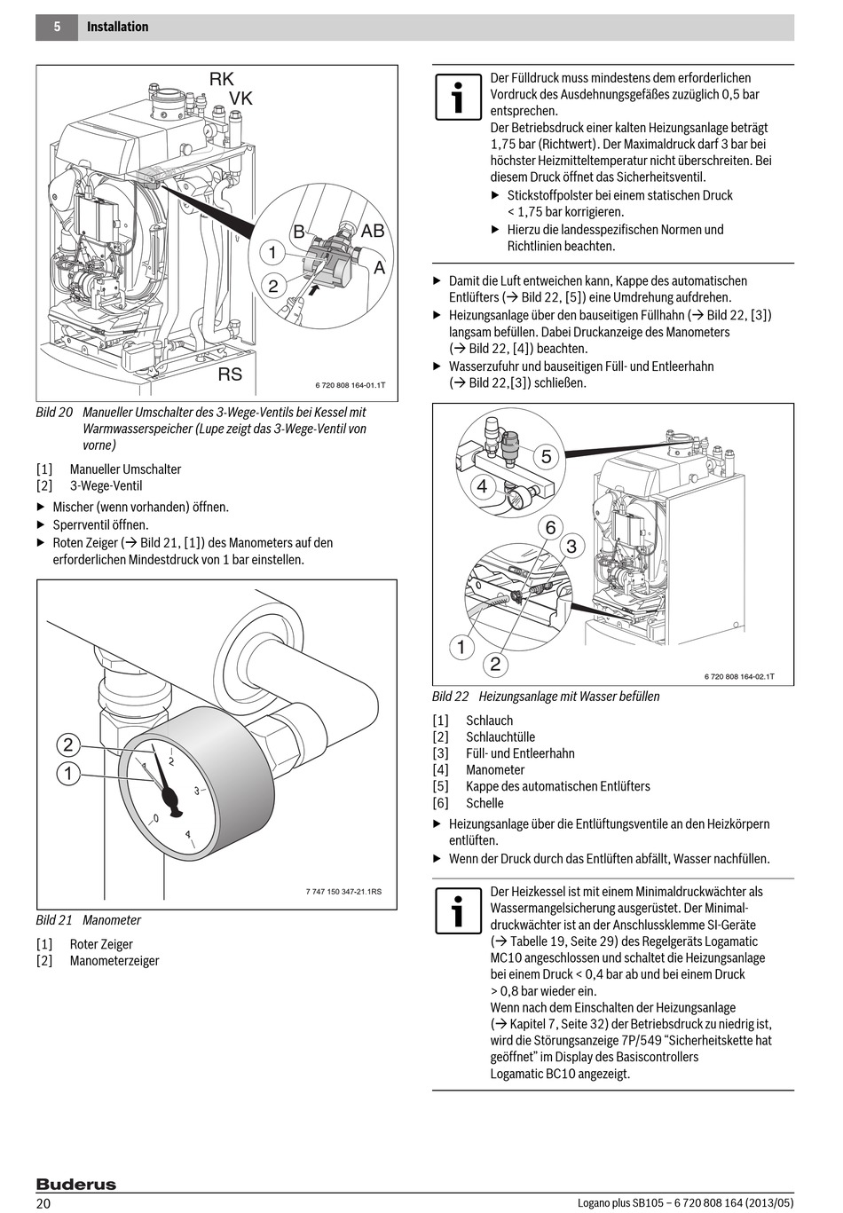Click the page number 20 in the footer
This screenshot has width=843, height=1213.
point(43,1203)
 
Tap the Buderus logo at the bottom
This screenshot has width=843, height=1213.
point(76,1185)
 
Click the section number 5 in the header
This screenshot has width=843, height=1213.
point(57,28)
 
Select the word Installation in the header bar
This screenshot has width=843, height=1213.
point(118,28)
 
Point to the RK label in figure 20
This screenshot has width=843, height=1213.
point(222,79)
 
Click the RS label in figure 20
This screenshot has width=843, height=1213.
point(230,374)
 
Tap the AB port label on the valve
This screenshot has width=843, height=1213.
point(373,231)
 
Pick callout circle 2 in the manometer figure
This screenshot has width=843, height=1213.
point(68,744)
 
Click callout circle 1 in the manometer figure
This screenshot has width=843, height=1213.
point(68,774)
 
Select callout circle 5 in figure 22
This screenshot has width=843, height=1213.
point(547,457)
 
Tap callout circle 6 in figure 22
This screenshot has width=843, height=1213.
point(550,528)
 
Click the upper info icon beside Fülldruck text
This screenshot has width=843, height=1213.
point(458,98)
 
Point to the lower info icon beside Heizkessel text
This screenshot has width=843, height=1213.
point(458,910)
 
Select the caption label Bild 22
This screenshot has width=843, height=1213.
point(450,697)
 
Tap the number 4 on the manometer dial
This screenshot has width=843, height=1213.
point(187,834)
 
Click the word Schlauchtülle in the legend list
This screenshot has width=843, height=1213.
point(500,737)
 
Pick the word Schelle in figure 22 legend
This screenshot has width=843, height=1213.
point(485,803)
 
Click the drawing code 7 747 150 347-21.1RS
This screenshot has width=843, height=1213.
point(343,892)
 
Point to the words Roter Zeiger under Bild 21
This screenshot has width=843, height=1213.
point(101,944)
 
